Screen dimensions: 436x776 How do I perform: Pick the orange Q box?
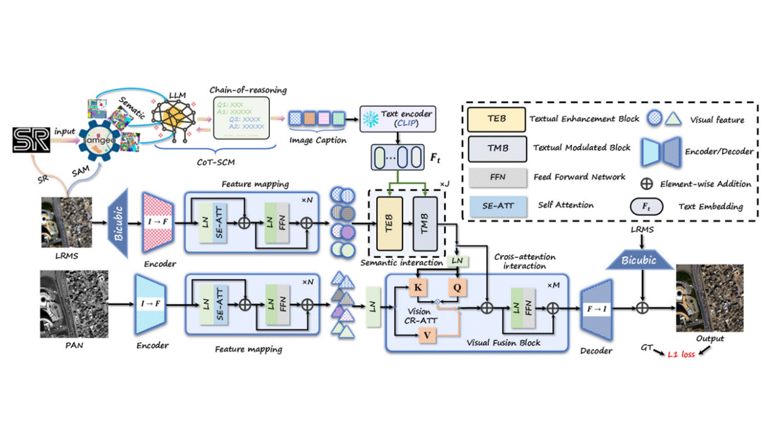(457, 288)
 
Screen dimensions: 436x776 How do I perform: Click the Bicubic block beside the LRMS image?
(119, 222)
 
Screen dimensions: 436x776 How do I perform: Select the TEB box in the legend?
(496, 119)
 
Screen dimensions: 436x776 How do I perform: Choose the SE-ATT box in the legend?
(496, 206)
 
